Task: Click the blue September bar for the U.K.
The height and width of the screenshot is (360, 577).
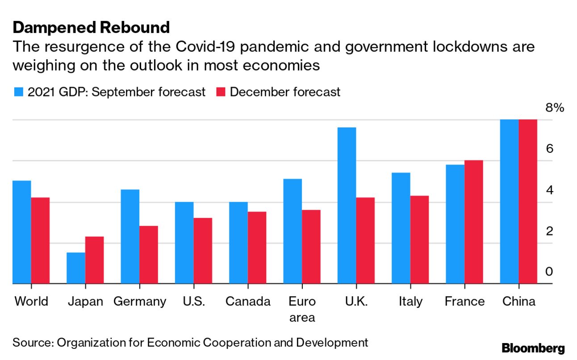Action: pyautogui.click(x=347, y=205)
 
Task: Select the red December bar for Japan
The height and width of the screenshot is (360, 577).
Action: pyautogui.click(x=94, y=260)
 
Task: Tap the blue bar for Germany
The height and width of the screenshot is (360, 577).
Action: pyautogui.click(x=130, y=237)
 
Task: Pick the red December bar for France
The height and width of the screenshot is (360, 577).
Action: pyautogui.click(x=474, y=222)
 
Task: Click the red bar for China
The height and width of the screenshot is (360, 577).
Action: pyautogui.click(x=528, y=201)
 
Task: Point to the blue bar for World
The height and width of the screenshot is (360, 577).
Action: pyautogui.click(x=21, y=232)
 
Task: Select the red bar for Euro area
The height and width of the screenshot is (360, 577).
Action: pyautogui.click(x=311, y=247)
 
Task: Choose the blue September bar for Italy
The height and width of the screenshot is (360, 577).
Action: pyautogui.click(x=401, y=228)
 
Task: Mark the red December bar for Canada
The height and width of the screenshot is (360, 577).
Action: pyautogui.click(x=257, y=247)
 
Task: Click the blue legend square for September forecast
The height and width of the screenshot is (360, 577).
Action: pyautogui.click(x=18, y=92)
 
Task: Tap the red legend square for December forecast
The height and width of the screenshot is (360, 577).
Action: pyautogui.click(x=222, y=92)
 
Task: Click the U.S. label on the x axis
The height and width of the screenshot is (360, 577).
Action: pyautogui.click(x=194, y=301)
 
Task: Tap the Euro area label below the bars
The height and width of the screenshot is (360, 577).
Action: pyautogui.click(x=302, y=309)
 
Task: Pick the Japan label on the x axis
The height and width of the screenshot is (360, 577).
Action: pyautogui.click(x=85, y=301)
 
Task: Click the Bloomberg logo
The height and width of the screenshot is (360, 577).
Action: pyautogui.click(x=533, y=348)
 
